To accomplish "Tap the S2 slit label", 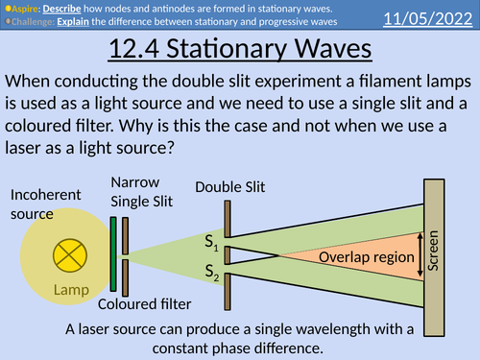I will point(212,273).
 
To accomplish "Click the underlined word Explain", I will point(86,20).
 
